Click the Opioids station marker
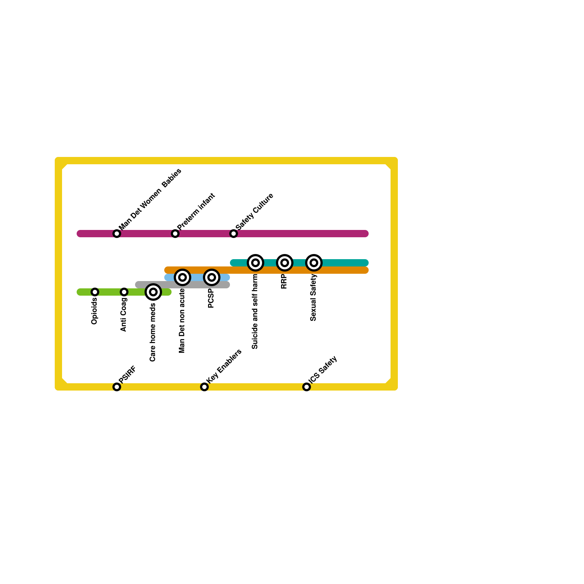click(95, 292)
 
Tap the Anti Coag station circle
click(124, 292)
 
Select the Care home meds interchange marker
click(153, 292)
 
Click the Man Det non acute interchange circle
click(182, 277)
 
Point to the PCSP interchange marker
click(212, 277)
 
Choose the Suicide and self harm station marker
click(255, 263)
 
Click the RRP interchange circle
click(285, 263)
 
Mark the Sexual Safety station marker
click(314, 263)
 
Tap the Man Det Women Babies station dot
click(117, 234)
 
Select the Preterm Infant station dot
click(175, 234)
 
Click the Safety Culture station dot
click(234, 234)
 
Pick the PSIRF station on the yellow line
click(117, 387)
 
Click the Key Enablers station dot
click(204, 387)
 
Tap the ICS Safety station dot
click(307, 387)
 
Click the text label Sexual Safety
click(313, 298)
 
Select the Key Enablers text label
click(224, 366)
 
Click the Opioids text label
click(94, 311)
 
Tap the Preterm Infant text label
click(196, 211)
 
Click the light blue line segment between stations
click(197, 277)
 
